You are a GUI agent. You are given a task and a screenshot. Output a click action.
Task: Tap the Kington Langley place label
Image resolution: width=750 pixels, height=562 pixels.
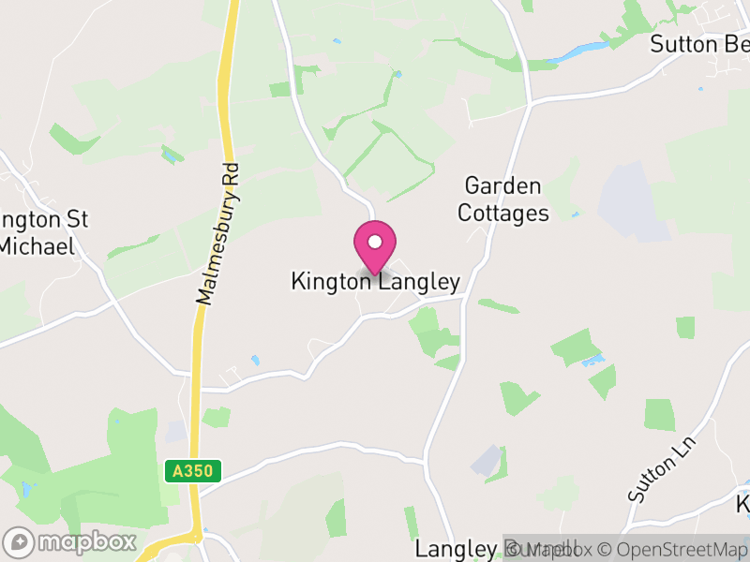[x=375, y=282]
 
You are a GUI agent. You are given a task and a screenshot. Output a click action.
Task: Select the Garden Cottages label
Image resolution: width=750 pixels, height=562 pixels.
[x=503, y=200]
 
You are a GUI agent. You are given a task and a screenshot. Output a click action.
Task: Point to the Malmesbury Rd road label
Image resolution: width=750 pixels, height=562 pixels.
[x=218, y=234]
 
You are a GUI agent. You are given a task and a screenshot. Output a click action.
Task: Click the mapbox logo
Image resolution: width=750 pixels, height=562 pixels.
[x=70, y=541]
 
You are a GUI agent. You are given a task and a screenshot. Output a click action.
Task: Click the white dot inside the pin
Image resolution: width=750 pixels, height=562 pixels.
[x=375, y=242]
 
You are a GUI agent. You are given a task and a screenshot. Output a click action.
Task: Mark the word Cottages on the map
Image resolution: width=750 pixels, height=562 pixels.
[x=503, y=214]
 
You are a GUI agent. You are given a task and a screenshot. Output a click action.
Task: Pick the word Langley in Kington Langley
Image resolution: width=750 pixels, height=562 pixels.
[x=419, y=282]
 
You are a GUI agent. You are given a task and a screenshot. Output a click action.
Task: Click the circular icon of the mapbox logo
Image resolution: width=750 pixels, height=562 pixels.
[x=20, y=541]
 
